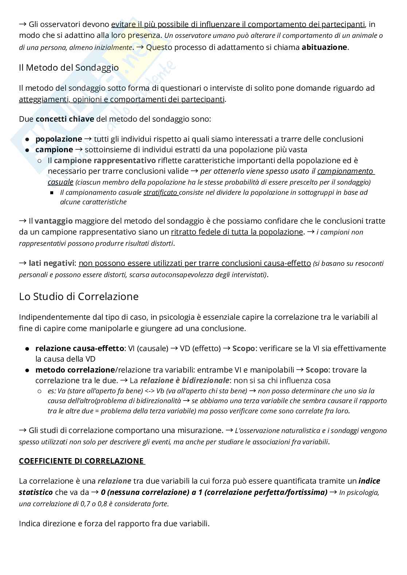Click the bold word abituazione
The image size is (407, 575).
click(324, 47)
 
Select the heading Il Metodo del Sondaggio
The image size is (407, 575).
click(69, 68)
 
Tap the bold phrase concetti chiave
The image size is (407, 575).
click(65, 119)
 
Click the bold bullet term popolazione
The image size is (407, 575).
click(59, 139)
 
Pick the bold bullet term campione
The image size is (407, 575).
click(54, 150)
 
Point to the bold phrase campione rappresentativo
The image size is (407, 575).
click(105, 161)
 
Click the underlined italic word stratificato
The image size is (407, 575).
click(161, 193)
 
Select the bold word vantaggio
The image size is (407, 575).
click(54, 221)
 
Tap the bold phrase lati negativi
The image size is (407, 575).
click(52, 263)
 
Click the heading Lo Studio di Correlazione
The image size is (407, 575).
click(79, 297)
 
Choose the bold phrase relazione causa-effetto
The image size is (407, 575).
click(79, 348)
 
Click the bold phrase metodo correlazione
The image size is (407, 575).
click(75, 370)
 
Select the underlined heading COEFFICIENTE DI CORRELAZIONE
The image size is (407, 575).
click(82, 461)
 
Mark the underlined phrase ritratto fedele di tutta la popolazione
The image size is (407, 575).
click(237, 232)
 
